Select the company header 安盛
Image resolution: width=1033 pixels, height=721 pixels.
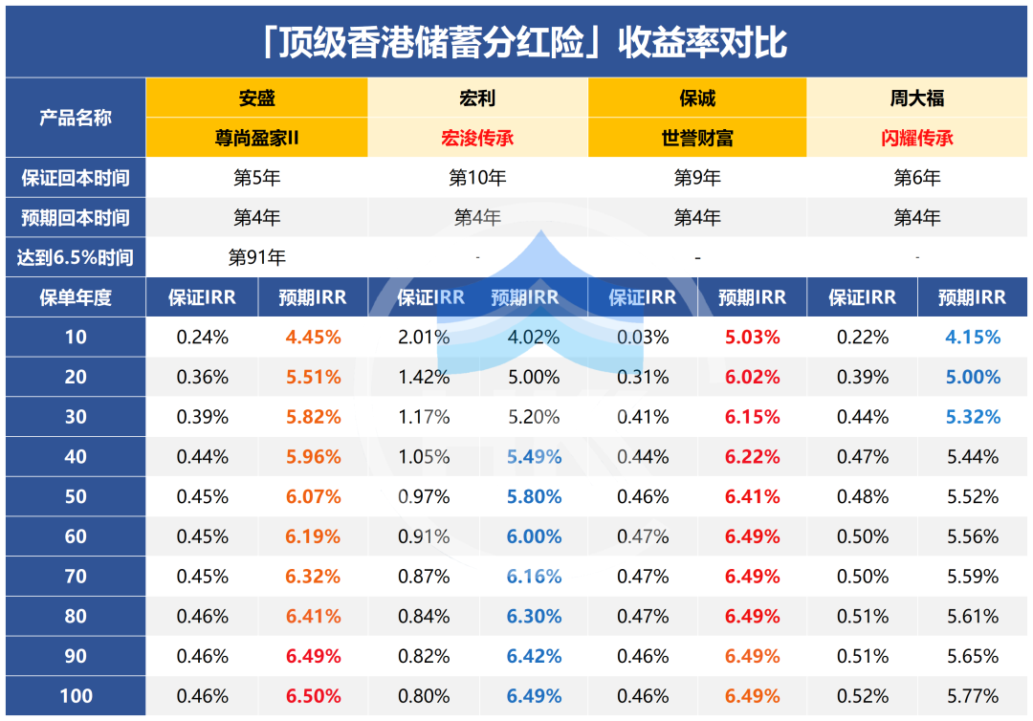click(256, 98)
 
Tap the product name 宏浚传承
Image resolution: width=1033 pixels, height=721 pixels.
click(477, 138)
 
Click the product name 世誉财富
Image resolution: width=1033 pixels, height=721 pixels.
click(697, 138)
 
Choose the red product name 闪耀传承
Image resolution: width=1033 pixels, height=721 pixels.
click(917, 138)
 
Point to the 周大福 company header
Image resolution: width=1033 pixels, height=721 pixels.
click(917, 98)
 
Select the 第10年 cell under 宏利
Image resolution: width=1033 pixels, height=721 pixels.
click(477, 178)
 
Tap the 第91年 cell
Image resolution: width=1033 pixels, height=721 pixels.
click(256, 257)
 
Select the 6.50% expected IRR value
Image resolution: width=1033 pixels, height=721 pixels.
click(313, 696)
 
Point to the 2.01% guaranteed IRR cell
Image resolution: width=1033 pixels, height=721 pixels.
click(423, 337)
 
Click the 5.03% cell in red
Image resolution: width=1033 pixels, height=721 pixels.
click(753, 337)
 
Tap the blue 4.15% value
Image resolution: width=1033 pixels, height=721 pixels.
click(973, 337)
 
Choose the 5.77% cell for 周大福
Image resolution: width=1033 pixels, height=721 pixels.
click(973, 696)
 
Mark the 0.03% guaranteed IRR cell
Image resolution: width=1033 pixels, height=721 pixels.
click(643, 337)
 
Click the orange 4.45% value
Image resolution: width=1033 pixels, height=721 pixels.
click(313, 337)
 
